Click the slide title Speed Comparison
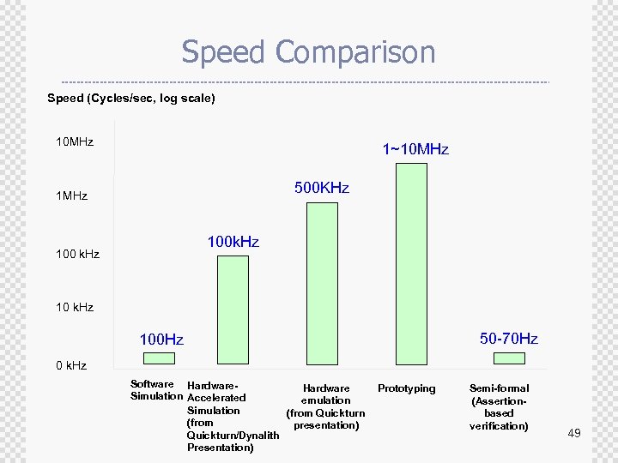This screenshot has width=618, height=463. (308, 52)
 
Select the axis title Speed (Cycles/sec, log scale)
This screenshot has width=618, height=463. (131, 99)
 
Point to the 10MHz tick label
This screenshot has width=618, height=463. (75, 141)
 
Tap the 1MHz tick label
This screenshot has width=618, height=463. (71, 196)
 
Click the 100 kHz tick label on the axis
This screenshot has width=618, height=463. (77, 255)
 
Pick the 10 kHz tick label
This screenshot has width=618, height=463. (75, 307)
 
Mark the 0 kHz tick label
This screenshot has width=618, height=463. (71, 366)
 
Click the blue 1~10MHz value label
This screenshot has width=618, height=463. (415, 149)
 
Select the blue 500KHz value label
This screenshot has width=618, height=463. (322, 188)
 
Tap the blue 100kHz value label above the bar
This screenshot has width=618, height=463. (233, 243)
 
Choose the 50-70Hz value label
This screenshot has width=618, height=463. (509, 339)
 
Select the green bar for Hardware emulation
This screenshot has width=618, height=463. (322, 283)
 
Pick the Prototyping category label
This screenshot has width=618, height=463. (407, 389)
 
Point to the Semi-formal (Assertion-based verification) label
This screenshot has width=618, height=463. (500, 407)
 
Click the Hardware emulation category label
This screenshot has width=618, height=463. (326, 407)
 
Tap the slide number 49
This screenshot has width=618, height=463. (574, 434)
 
